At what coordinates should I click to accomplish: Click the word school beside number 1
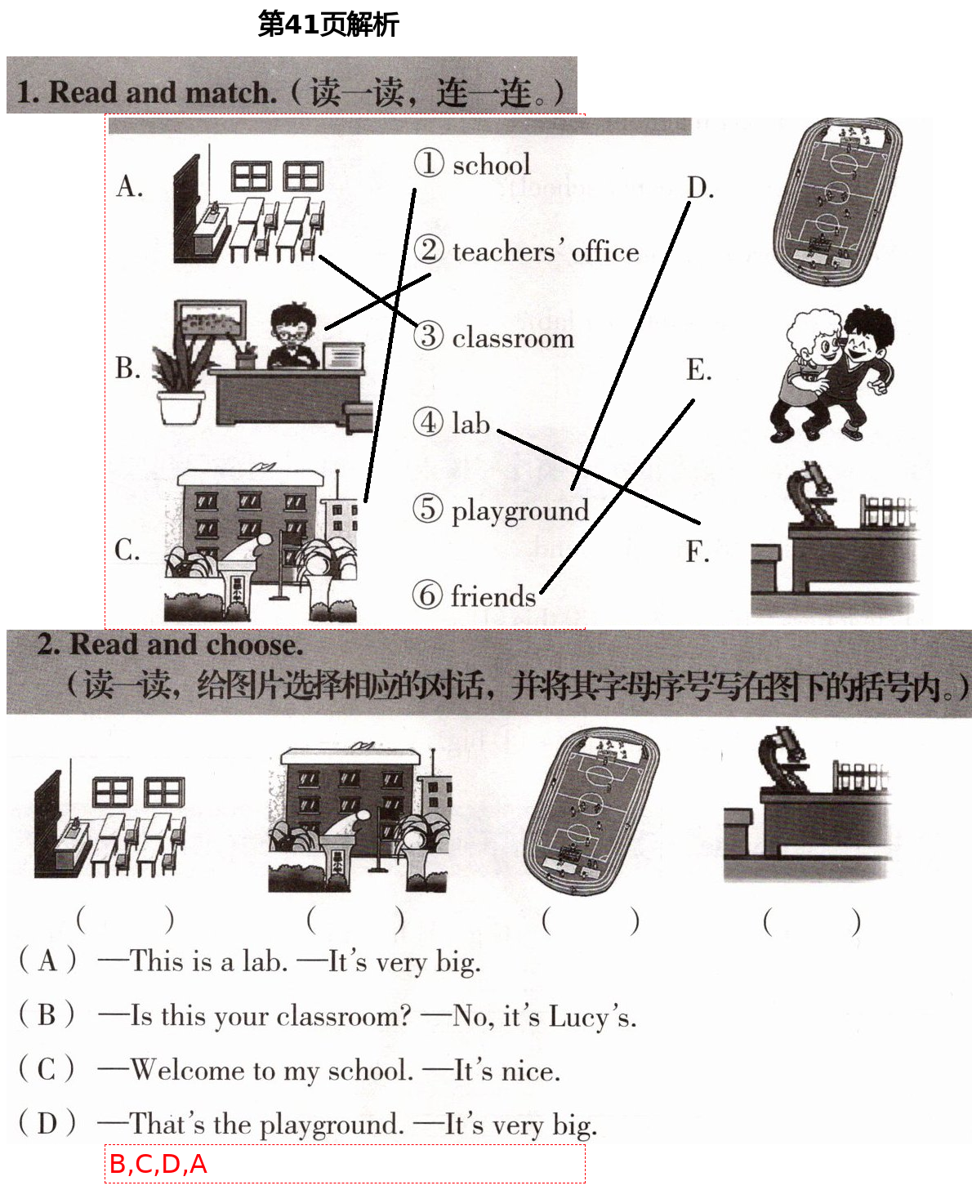pos(491,165)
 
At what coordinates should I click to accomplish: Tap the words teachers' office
pos(545,252)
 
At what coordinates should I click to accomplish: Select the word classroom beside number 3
pos(513,337)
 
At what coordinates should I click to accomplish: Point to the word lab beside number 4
pos(470,423)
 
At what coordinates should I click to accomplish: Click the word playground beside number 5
pos(520,510)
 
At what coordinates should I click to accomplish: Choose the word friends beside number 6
pos(493,596)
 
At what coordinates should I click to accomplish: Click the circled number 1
pos(429,163)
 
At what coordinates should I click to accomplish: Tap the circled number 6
pos(427,595)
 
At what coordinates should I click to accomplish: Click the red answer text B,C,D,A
pos(158,1164)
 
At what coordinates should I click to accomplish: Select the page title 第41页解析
pos(328,25)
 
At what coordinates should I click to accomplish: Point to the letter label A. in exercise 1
pos(129,187)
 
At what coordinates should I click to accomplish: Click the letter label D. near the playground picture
pos(700,188)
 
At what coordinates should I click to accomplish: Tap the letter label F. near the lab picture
pos(697,552)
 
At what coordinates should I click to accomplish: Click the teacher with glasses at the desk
pos(292,336)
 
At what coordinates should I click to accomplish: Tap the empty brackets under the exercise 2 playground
pos(590,921)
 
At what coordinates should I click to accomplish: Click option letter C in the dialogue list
pos(47,1069)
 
